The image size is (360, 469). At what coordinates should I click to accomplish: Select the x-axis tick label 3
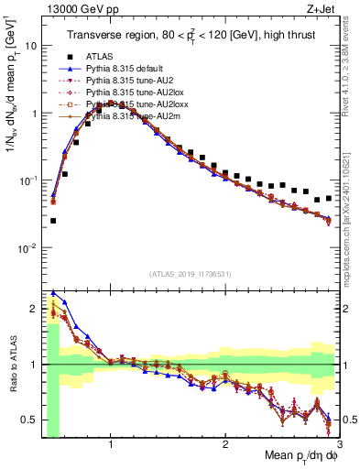tap(338, 444)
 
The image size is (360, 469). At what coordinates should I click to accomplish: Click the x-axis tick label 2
tap(225, 444)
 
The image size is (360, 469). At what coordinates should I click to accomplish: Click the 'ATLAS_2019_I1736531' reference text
tap(190, 274)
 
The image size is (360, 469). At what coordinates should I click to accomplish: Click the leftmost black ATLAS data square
tap(53, 221)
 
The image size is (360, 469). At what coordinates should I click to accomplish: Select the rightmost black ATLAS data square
tap(329, 198)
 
